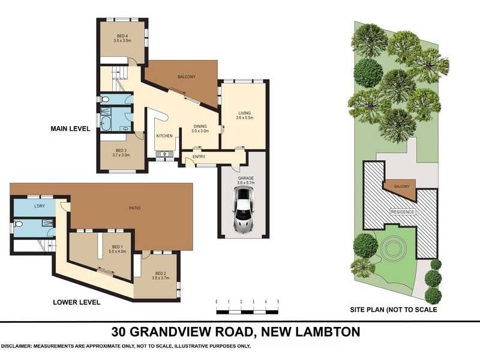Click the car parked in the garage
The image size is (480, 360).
244,211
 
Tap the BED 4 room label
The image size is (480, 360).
122,37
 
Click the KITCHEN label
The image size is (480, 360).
164,136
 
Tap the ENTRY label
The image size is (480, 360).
199,157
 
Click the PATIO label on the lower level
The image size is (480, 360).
134,208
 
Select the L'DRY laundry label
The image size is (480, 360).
40,207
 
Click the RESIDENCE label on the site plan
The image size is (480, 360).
402,212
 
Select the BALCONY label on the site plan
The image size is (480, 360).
401,187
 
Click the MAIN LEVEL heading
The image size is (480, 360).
71,128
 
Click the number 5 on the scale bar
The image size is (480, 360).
278,302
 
